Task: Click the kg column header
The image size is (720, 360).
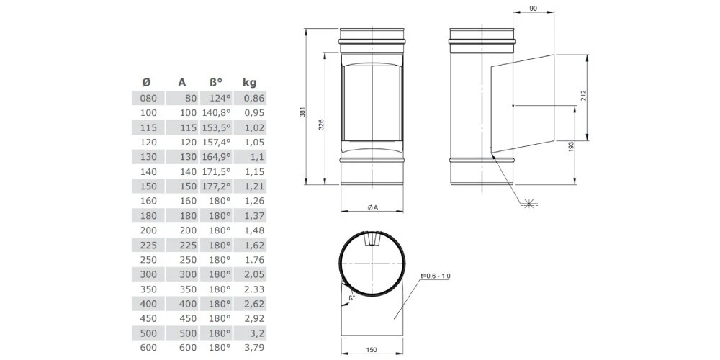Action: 249,83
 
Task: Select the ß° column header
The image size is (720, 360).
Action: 216,83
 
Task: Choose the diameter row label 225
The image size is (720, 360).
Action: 149,245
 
